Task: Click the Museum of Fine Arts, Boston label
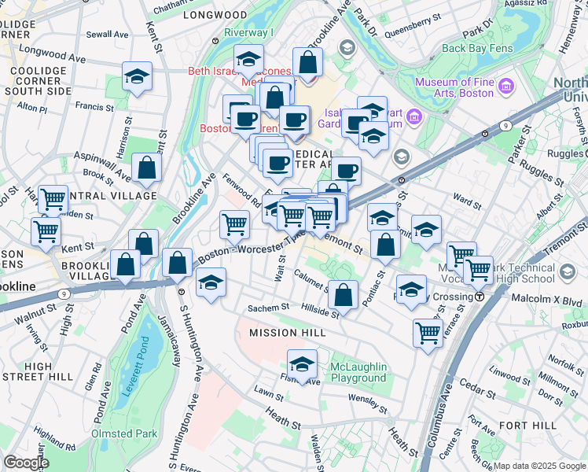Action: [456, 84]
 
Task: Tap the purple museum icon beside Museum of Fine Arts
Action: [506, 84]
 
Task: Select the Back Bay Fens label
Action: [477, 48]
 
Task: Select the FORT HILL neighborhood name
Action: [531, 425]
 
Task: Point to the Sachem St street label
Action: [270, 308]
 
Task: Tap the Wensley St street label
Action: [364, 399]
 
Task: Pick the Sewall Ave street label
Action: [108, 35]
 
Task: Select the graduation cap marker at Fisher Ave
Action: [301, 363]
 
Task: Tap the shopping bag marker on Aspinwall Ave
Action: [146, 167]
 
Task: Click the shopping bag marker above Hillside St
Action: [343, 295]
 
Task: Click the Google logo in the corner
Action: [27, 463]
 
